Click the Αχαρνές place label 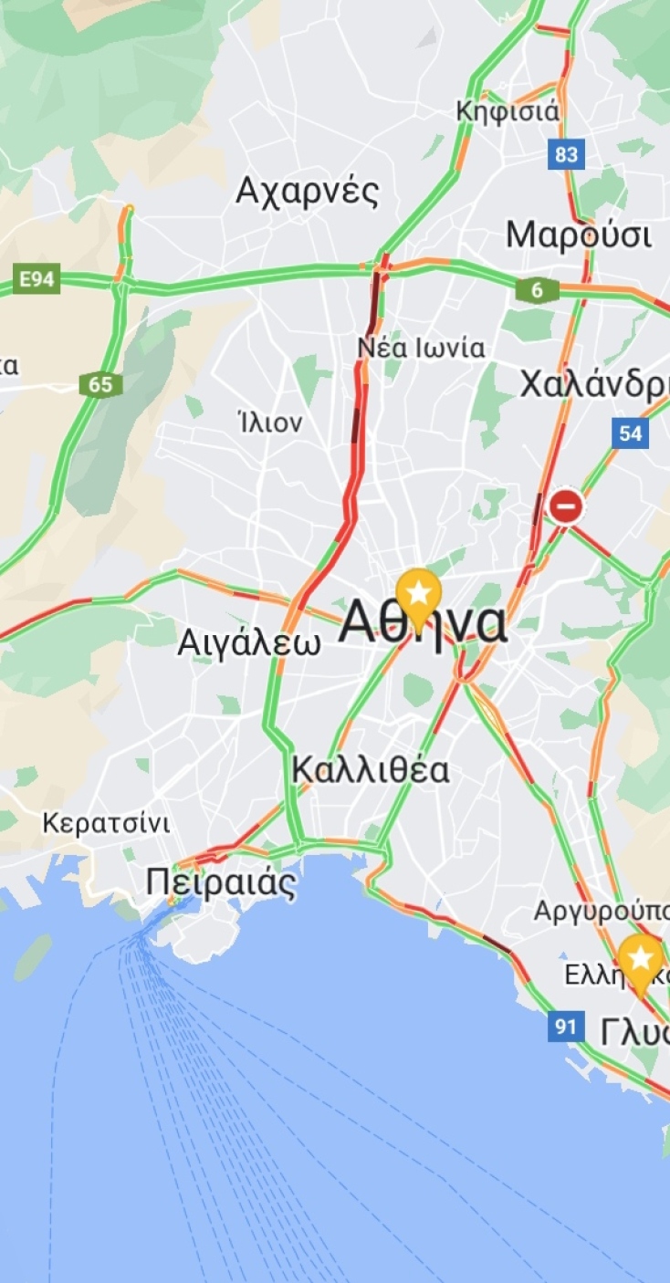(x=307, y=192)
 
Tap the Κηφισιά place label (x=508, y=112)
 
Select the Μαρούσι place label (x=579, y=235)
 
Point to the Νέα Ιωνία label (x=421, y=348)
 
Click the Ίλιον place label (x=268, y=422)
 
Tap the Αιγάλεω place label (x=249, y=642)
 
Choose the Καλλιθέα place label (x=371, y=770)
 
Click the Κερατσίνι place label (x=106, y=823)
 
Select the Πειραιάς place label (x=221, y=883)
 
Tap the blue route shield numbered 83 (x=566, y=154)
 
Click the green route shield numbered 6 (x=537, y=290)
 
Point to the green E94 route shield (x=37, y=279)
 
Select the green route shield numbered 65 (x=100, y=384)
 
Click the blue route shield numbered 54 (x=631, y=433)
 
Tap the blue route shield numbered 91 (x=566, y=1027)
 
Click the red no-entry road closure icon (x=566, y=506)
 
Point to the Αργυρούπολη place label (x=602, y=911)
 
